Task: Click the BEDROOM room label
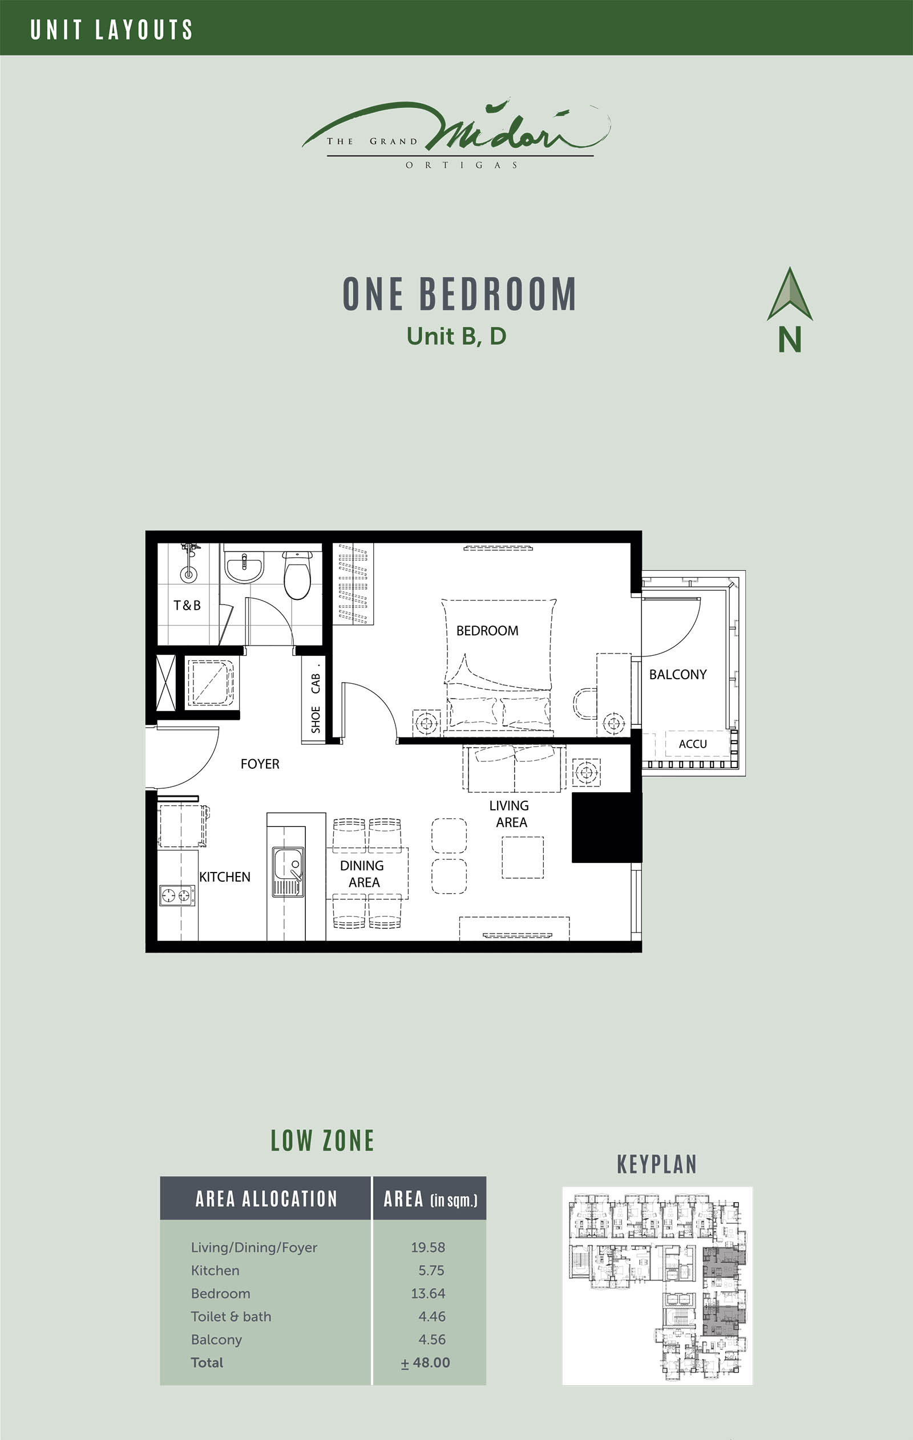point(487,630)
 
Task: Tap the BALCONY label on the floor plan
point(677,674)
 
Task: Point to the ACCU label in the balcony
point(692,744)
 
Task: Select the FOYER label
point(260,764)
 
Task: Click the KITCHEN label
point(224,877)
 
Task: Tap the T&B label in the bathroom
point(187,605)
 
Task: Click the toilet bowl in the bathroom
point(297,575)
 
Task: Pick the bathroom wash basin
point(244,565)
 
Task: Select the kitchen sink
point(288,871)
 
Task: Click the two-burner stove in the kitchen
point(176,895)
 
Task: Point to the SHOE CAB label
point(316,703)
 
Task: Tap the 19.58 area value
point(428,1247)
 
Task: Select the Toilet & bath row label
point(231,1316)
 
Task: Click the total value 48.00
point(426,1362)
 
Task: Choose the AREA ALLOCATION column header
point(266,1198)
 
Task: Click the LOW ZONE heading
point(322,1141)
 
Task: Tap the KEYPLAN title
point(657,1165)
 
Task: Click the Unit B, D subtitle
point(457,336)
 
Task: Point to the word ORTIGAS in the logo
point(461,165)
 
